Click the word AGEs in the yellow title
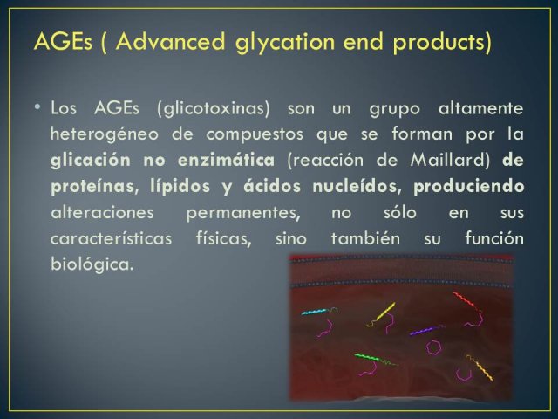pyautogui.click(x=63, y=41)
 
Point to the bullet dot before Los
pyautogui.click(x=37, y=106)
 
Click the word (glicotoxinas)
pyautogui.click(x=213, y=108)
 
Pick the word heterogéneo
pyautogui.click(x=105, y=135)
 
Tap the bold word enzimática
pyautogui.click(x=226, y=160)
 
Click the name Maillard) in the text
pyautogui.click(x=450, y=161)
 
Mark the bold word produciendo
pyautogui.click(x=469, y=187)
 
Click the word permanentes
pyautogui.click(x=243, y=213)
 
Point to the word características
pyautogui.click(x=111, y=238)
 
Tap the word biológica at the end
pyautogui.click(x=92, y=264)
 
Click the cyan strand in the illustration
pyautogui.click(x=314, y=312)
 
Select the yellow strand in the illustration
pyautogui.click(x=385, y=312)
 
